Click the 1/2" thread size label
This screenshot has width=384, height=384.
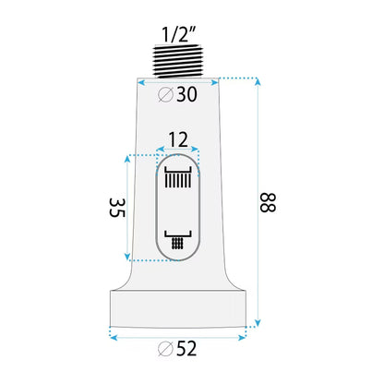point(179,35)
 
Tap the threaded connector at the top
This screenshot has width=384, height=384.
point(178,61)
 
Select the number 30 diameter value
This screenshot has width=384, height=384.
point(186,94)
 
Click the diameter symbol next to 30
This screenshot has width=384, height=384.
point(165,94)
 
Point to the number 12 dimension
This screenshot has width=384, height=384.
point(178,139)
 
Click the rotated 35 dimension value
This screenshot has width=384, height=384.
point(117,208)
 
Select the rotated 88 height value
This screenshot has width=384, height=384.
point(268,202)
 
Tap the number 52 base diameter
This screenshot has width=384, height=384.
point(186,349)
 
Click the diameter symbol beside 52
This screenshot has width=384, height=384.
point(165,349)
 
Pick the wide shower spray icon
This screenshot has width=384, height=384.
point(178,177)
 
